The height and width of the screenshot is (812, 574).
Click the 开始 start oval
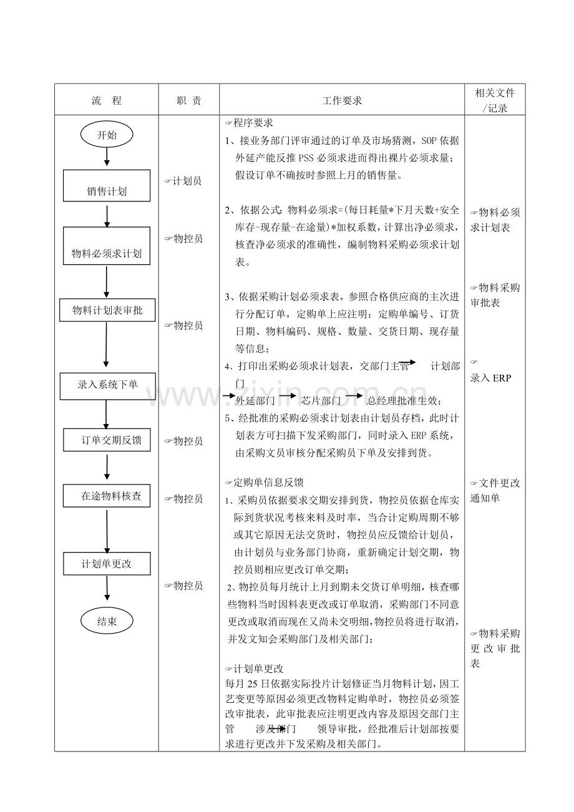point(106,134)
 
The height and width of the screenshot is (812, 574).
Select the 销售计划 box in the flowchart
point(107,186)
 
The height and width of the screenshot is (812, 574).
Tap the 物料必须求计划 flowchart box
point(107,246)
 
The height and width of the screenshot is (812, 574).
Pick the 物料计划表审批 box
point(107,310)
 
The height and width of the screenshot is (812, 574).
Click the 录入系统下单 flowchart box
point(107,385)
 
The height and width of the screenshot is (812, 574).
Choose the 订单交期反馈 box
point(107,440)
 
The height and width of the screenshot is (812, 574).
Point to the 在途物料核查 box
point(107,496)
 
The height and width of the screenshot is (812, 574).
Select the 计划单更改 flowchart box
point(107,564)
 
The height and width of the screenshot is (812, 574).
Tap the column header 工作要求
point(341,100)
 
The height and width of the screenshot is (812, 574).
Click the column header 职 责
point(188,100)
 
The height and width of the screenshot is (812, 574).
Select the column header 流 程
point(106,100)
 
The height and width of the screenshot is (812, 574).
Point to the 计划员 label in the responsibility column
point(183,181)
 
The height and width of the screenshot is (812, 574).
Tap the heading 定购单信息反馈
point(265,482)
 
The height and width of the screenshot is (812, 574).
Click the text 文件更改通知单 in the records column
point(495,490)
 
